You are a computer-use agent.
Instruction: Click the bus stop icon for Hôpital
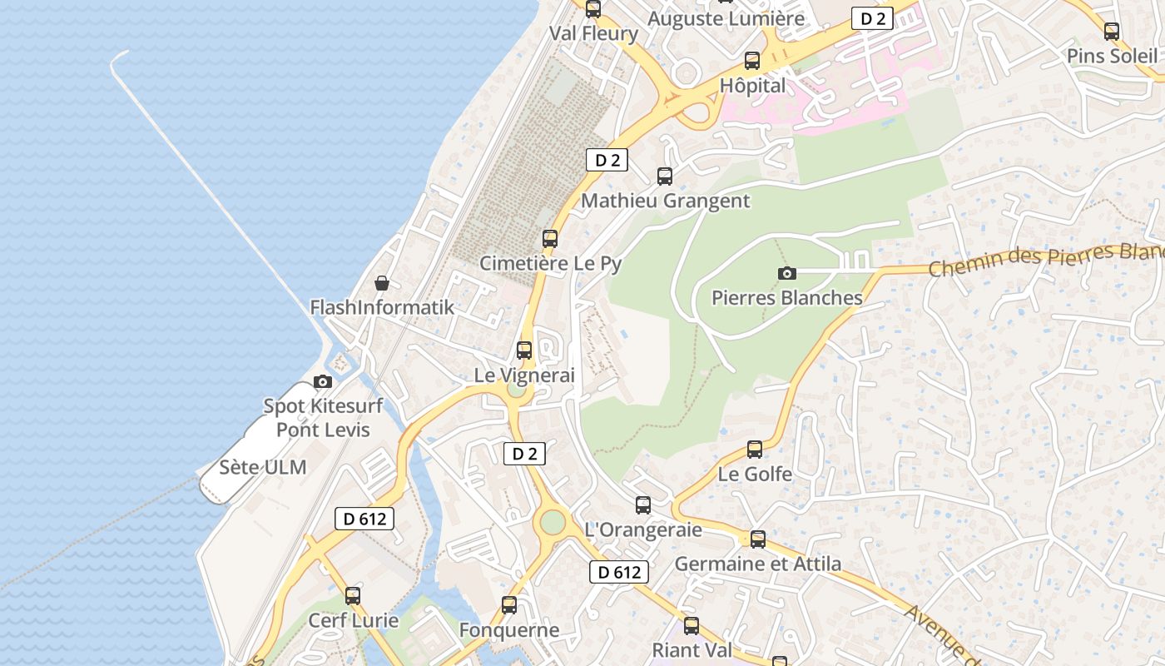[752, 60]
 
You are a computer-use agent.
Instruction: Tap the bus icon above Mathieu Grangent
[665, 176]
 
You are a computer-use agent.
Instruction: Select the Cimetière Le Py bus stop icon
[550, 238]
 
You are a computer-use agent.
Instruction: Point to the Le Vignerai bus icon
[524, 350]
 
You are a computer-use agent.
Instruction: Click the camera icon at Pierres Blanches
[786, 273]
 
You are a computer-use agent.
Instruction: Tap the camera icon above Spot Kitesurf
[323, 382]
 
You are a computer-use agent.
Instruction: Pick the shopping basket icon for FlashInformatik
[382, 283]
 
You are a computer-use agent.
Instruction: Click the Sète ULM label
[263, 467]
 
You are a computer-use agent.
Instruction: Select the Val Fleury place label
[593, 33]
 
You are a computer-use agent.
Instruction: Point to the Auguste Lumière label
[726, 18]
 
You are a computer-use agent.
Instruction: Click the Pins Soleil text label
[1112, 56]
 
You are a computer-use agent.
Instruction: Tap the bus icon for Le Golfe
[755, 450]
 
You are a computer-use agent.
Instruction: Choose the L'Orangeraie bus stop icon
[643, 504]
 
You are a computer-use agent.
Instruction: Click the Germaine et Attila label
[757, 564]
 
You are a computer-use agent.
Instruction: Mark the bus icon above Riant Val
[692, 625]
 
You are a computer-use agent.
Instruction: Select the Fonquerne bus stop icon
[509, 605]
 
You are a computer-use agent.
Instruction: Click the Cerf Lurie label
[353, 620]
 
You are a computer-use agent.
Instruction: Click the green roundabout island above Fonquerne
[553, 523]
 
